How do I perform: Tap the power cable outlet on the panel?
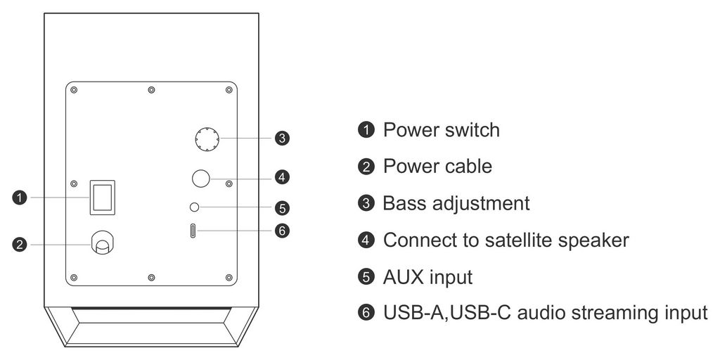point(103,244)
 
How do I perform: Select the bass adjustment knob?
point(206,139)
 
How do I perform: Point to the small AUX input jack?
point(195,207)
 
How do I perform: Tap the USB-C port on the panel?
point(193,230)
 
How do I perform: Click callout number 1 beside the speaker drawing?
point(20,198)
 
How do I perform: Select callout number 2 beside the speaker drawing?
point(20,245)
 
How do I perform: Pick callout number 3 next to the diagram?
point(281,138)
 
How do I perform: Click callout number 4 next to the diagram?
point(281,176)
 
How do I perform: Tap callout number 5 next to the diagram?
point(281,208)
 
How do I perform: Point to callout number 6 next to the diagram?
point(281,230)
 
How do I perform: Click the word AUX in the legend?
point(403,277)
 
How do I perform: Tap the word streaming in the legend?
point(609,314)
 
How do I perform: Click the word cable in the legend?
point(468,167)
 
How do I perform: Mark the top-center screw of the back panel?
point(151,90)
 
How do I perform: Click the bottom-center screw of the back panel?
point(151,278)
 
